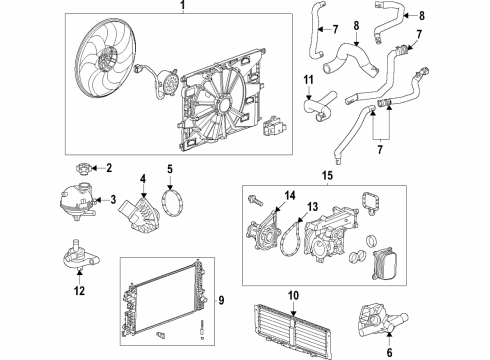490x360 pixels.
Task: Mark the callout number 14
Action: [x=291, y=196]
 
